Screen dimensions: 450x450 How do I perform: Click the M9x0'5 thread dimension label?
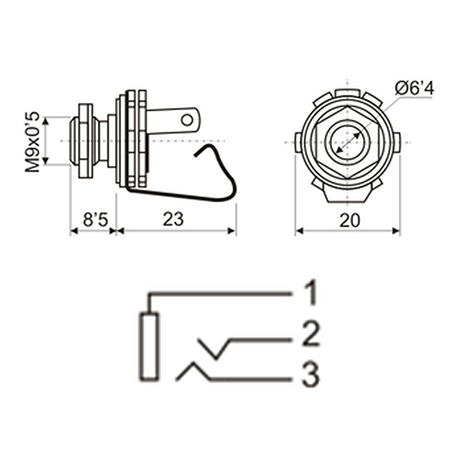tap(32, 142)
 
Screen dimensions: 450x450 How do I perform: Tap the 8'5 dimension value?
tap(95, 220)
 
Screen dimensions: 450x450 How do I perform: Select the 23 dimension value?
tap(173, 219)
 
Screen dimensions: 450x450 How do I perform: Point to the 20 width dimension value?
tap(349, 220)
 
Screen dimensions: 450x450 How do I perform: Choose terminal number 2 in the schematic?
tap(311, 334)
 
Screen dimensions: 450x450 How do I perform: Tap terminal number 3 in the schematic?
tap(310, 375)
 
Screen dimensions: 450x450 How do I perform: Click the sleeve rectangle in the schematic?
tap(149, 346)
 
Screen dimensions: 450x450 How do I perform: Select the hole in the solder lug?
tap(187, 120)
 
